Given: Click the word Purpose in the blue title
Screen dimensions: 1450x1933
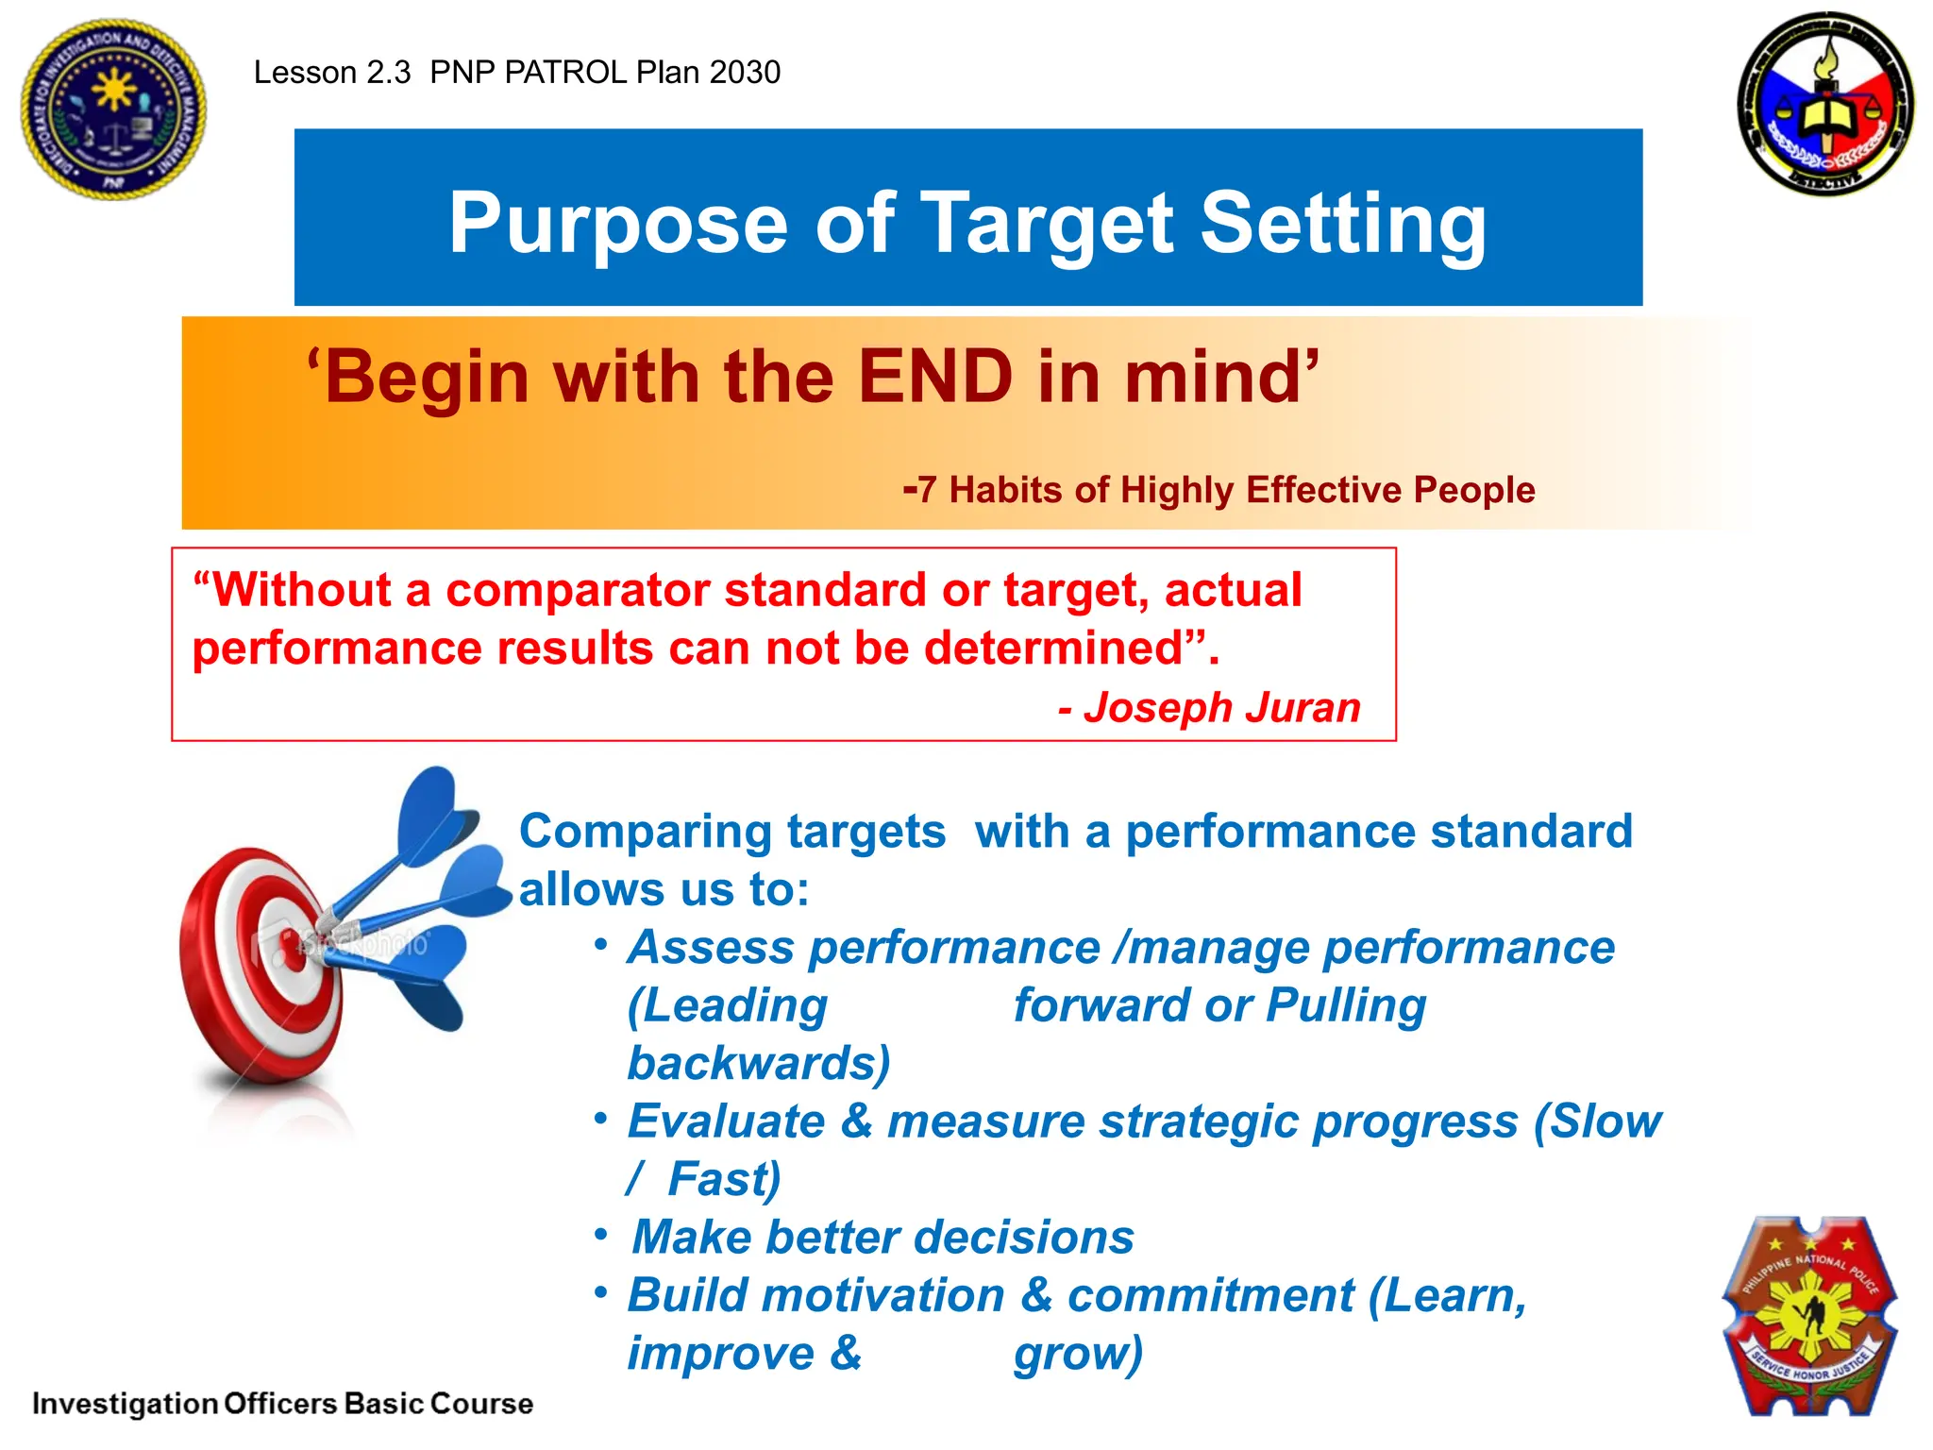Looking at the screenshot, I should click(618, 224).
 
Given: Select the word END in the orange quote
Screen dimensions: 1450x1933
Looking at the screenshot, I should click(934, 377).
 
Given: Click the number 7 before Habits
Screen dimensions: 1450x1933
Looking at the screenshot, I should click(927, 490).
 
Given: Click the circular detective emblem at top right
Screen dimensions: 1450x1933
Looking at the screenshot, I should click(1825, 104).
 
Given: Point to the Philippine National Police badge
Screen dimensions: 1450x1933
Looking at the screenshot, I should click(1809, 1316).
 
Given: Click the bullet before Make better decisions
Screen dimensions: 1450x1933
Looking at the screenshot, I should click(601, 1235).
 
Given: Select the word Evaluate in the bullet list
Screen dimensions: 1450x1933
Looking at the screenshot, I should click(726, 1121).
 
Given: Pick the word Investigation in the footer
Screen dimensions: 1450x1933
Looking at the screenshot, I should click(125, 1404).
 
